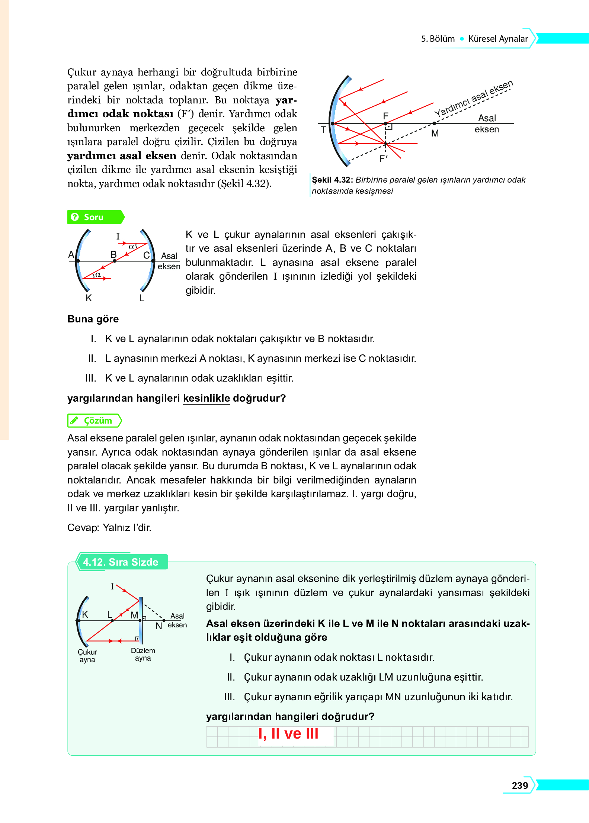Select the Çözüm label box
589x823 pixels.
tap(95, 421)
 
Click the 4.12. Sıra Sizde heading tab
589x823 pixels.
tap(121, 562)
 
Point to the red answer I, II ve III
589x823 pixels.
tap(288, 734)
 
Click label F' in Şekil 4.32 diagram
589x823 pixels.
tap(383, 159)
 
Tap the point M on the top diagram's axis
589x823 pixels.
tap(434, 123)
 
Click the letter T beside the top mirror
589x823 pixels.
tap(323, 130)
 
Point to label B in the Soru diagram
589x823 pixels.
tap(113, 254)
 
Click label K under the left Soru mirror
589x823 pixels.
tap(89, 298)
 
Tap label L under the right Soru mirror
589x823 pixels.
tap(142, 298)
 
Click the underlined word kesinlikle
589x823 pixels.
tap(207, 398)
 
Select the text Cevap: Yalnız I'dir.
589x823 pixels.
tap(109, 528)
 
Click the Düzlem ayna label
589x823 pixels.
tap(143, 654)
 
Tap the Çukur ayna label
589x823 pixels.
tap(87, 656)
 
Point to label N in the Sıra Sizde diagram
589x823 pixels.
tap(159, 626)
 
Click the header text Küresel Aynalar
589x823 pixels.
tap(497, 39)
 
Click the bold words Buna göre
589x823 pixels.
tap(93, 319)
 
